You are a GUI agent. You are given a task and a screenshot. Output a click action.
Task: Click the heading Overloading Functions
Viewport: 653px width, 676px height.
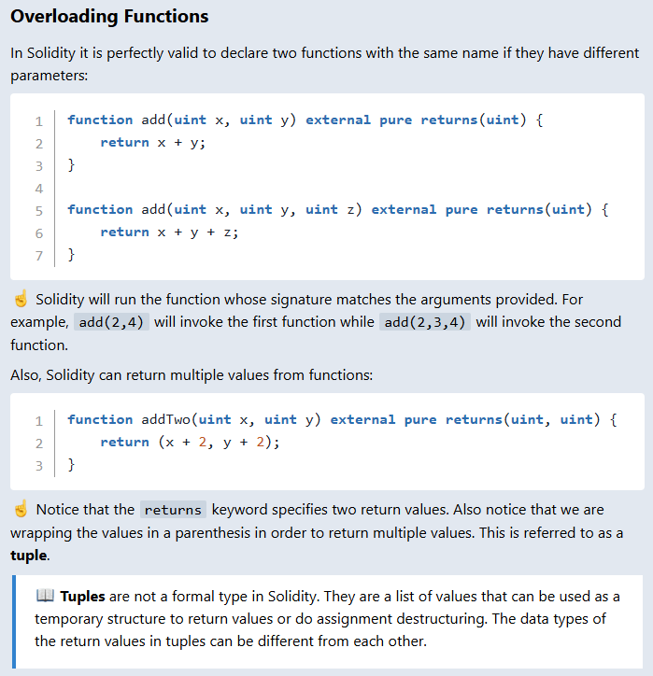click(x=109, y=17)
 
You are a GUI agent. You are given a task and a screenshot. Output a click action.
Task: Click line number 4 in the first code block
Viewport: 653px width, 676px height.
click(x=38, y=188)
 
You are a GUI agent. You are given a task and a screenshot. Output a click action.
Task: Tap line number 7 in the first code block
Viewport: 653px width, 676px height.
click(x=38, y=255)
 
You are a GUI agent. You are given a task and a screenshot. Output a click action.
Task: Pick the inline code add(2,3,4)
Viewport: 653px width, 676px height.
click(x=425, y=322)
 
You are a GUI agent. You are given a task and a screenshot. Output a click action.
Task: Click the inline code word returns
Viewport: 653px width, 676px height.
click(x=173, y=510)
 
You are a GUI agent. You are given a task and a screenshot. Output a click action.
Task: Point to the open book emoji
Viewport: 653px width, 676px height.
click(x=44, y=596)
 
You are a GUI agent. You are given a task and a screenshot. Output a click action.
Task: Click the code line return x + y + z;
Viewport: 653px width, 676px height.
click(x=169, y=232)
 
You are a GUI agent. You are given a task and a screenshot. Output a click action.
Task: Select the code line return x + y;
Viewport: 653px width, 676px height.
click(x=152, y=142)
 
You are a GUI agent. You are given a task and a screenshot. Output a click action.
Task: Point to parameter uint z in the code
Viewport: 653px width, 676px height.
click(x=334, y=209)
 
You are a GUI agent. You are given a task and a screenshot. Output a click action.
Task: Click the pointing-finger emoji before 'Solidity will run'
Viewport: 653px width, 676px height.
click(x=21, y=300)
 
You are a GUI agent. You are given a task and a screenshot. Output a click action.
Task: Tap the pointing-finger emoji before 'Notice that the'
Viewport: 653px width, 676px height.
click(x=21, y=510)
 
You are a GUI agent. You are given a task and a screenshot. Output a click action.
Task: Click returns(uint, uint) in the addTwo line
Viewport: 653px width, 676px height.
click(x=522, y=419)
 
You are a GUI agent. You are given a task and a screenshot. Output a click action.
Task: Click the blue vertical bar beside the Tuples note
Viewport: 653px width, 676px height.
click(x=14, y=617)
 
